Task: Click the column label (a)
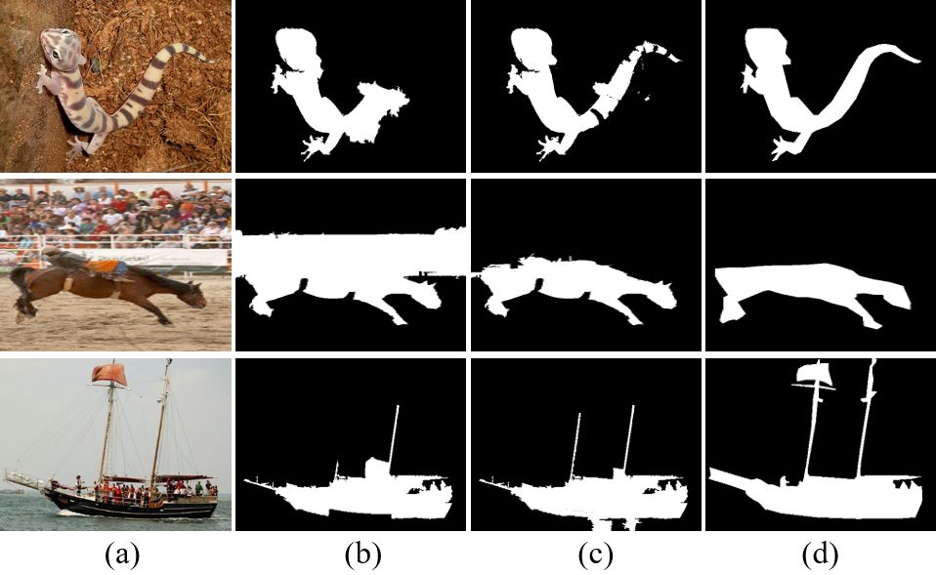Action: pyautogui.click(x=122, y=555)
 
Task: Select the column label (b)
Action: pyautogui.click(x=362, y=555)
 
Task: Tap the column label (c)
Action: pyautogui.click(x=595, y=555)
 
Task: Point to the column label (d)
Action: pyautogui.click(x=820, y=555)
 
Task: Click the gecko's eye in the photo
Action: pyautogui.click(x=56, y=55)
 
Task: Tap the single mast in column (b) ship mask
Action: pyautogui.click(x=394, y=437)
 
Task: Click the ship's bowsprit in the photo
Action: pyautogui.click(x=23, y=479)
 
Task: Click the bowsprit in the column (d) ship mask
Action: pyautogui.click(x=730, y=477)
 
